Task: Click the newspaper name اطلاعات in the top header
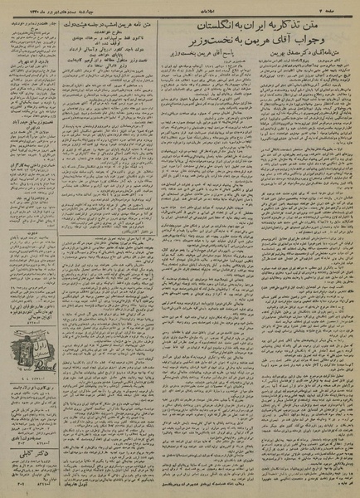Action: pos(177,7)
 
